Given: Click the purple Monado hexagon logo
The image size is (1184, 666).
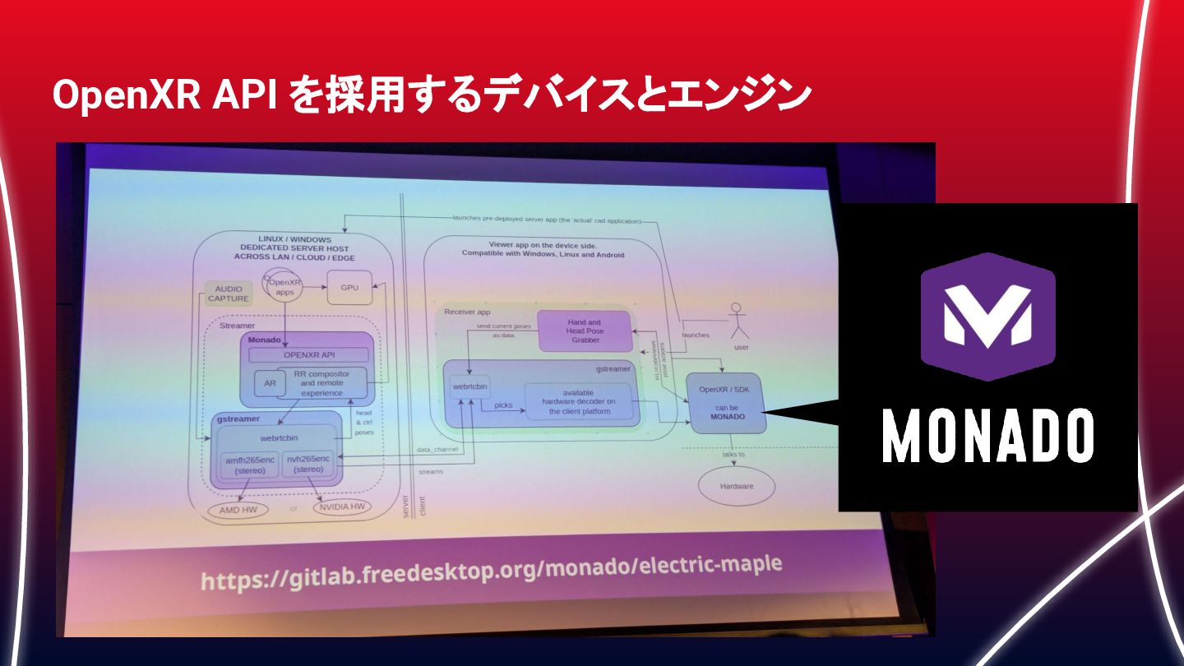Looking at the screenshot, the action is point(987,317).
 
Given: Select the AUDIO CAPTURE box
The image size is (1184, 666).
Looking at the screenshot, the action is point(228,294).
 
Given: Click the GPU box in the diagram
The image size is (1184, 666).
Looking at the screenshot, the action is point(349,288).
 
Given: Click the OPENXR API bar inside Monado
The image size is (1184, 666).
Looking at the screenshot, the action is point(308,355).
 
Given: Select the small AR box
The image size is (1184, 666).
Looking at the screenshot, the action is point(269,383).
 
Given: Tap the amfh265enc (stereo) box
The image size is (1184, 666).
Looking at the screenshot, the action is point(249,465).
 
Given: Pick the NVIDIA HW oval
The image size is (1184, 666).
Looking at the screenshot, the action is point(339,506).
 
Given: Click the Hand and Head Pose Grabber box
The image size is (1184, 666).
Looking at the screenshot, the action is point(585,331).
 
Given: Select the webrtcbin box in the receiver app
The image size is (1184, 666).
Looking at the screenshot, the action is point(470,386).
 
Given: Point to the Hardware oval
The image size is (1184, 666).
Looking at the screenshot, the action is point(737,486).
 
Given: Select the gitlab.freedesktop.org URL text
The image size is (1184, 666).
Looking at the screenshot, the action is point(491,570).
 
